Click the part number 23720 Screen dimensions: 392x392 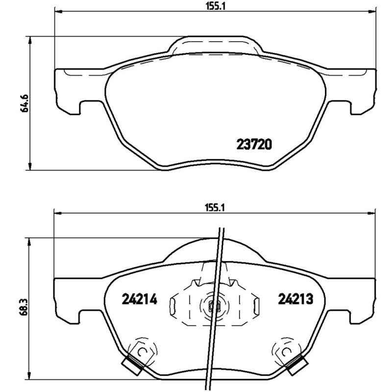(x=253, y=145)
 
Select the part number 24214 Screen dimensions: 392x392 (x=139, y=298)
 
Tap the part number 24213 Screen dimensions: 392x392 (x=295, y=298)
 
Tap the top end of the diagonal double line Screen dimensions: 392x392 (x=221, y=230)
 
